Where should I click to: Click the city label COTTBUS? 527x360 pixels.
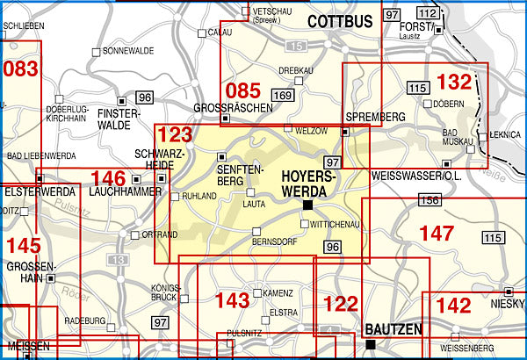coord(340,19)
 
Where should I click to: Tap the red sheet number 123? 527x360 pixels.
coord(175,137)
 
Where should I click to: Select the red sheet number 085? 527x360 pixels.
coord(242,90)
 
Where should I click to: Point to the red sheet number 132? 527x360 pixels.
coord(453,83)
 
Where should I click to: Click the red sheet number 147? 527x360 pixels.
coord(437,234)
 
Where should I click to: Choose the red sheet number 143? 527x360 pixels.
coord(232,301)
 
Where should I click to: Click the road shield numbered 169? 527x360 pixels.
coord(283,95)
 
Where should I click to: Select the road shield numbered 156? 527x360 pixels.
coord(429,202)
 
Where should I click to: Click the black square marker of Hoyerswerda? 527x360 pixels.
coord(307,205)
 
